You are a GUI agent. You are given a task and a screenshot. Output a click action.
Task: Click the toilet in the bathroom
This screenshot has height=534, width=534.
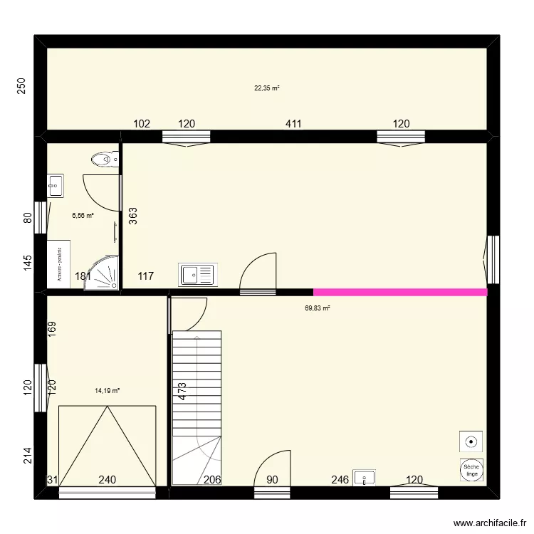click(105, 159)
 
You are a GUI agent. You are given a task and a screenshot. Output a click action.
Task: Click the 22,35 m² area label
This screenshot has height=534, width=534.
click(267, 88)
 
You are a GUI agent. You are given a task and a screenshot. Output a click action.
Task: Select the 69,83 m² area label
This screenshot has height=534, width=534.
click(317, 308)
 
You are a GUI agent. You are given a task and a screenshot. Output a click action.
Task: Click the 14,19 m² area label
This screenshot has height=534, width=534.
click(107, 390)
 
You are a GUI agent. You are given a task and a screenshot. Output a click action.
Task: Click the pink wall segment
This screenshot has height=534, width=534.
click(400, 292)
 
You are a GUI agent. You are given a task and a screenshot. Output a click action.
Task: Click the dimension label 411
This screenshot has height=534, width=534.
click(293, 124)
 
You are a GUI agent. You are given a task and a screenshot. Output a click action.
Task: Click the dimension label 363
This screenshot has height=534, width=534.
click(133, 216)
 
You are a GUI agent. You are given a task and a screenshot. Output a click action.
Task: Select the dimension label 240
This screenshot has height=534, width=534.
click(108, 480)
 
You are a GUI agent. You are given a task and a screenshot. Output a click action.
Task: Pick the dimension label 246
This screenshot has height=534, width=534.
click(340, 480)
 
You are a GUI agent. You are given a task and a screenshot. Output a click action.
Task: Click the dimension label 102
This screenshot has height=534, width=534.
click(142, 124)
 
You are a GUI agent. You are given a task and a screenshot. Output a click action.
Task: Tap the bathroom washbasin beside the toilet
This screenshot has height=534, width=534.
click(55, 187)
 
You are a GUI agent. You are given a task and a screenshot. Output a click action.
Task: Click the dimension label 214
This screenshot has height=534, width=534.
click(28, 456)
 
